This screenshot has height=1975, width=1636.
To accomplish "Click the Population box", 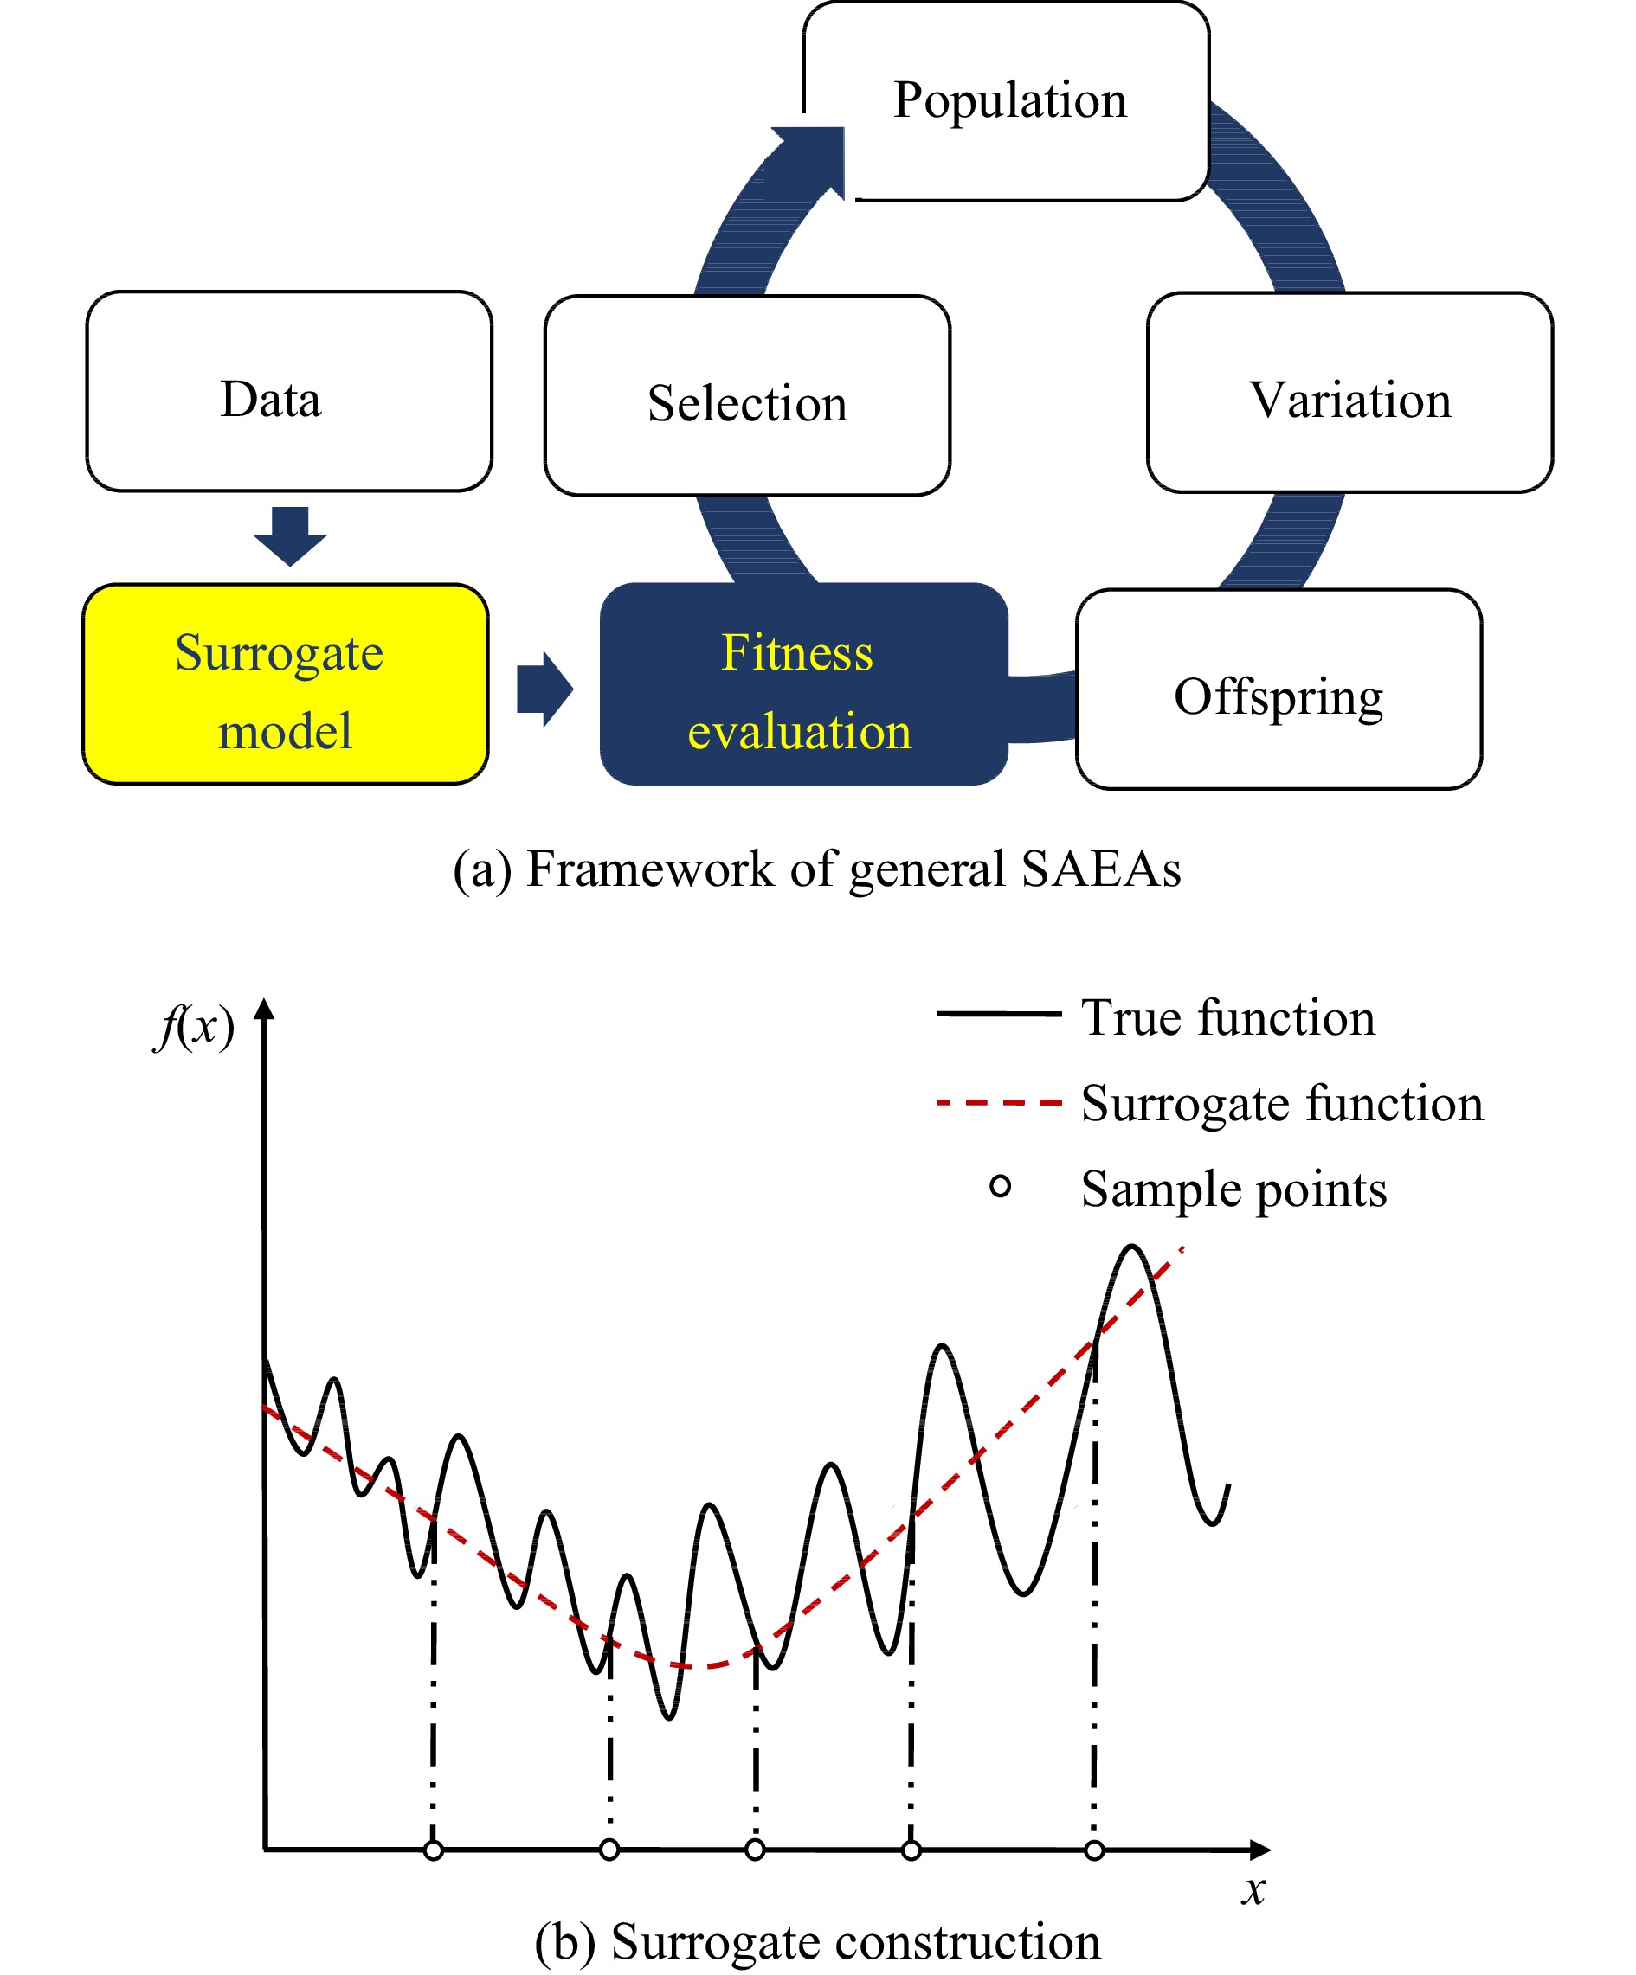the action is click(x=1006, y=100).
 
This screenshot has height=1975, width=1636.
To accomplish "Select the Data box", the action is click(x=289, y=391).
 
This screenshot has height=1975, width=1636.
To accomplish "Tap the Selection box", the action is click(x=747, y=396).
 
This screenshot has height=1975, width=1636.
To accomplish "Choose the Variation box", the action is click(x=1350, y=392).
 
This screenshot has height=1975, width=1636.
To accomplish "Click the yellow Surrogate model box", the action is click(x=285, y=683).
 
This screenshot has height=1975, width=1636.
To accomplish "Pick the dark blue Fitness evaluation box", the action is click(x=803, y=683).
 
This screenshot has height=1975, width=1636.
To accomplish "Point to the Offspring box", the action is click(x=1279, y=689).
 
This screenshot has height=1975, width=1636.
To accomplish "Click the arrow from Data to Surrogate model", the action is click(x=290, y=536).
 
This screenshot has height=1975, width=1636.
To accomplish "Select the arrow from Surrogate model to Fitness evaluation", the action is click(x=544, y=689).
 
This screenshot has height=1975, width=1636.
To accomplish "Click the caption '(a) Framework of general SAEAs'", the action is click(x=816, y=868).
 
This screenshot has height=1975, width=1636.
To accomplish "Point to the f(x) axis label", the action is click(x=195, y=1026).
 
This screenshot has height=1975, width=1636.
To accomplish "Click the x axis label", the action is click(x=1253, y=1888).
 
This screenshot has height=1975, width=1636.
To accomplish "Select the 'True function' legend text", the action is click(x=1227, y=1017).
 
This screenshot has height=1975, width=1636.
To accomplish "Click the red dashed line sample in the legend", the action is click(x=999, y=1102).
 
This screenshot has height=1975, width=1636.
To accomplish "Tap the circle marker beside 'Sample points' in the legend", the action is click(x=1000, y=1187).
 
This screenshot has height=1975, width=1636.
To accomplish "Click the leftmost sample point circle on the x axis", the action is click(x=433, y=1850).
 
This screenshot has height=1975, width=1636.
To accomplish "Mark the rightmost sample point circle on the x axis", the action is click(x=1094, y=1850).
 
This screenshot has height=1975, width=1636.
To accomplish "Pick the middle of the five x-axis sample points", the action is click(x=755, y=1850).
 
